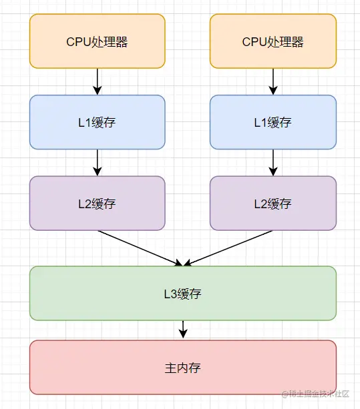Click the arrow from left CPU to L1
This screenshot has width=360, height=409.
point(98,81)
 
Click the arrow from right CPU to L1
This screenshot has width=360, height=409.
point(273,81)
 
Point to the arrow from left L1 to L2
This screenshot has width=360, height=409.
point(98,162)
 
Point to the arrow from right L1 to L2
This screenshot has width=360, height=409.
point(273,162)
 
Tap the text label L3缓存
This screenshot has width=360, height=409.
point(183,294)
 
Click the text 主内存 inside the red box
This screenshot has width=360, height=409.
point(182,368)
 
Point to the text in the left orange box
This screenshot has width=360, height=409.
point(97,42)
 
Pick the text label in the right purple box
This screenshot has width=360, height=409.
point(273,203)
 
